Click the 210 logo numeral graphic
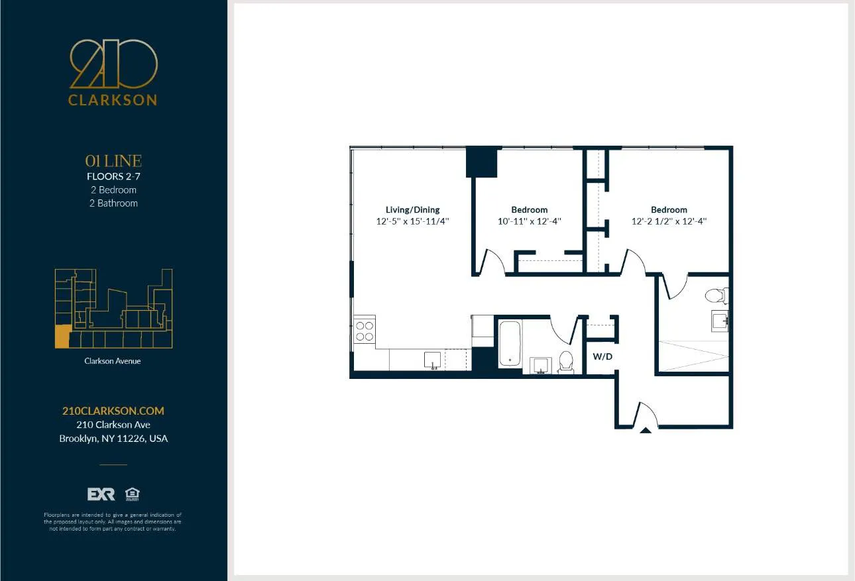[x=113, y=64]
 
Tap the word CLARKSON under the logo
[x=113, y=101]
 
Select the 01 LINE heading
[x=113, y=161]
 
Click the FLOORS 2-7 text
[x=113, y=176]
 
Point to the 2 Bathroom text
[x=113, y=203]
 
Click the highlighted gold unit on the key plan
[x=62, y=337]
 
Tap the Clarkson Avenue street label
[x=113, y=361]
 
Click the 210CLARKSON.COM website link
[x=113, y=411]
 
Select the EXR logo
[x=101, y=494]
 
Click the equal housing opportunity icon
[x=132, y=494]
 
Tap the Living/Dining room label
[x=412, y=209]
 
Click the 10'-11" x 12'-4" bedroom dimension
[x=530, y=222]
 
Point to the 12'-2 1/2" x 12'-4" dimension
[x=669, y=222]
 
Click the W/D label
[x=602, y=356]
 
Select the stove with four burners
[x=364, y=331]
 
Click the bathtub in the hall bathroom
[x=509, y=343]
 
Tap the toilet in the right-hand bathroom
[x=716, y=295]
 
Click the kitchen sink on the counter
[x=433, y=360]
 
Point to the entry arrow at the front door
[x=645, y=430]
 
